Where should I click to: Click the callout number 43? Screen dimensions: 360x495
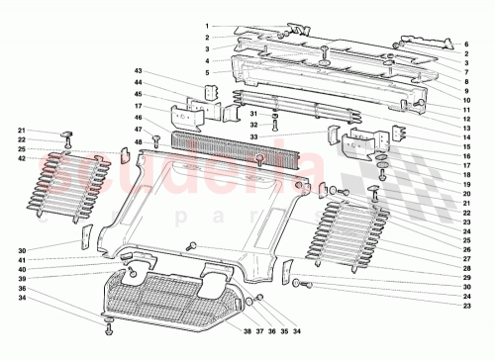point(140,71)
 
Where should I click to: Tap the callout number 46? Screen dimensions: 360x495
point(140,117)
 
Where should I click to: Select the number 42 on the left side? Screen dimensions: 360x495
point(21,159)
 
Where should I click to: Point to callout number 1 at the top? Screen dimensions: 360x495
point(208,26)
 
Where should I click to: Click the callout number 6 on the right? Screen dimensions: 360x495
point(465,45)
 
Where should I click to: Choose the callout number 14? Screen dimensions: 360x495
point(465,142)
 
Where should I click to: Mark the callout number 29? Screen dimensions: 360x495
point(465,278)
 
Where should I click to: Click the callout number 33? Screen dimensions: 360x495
point(226,137)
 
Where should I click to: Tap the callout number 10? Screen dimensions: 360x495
point(465,98)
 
